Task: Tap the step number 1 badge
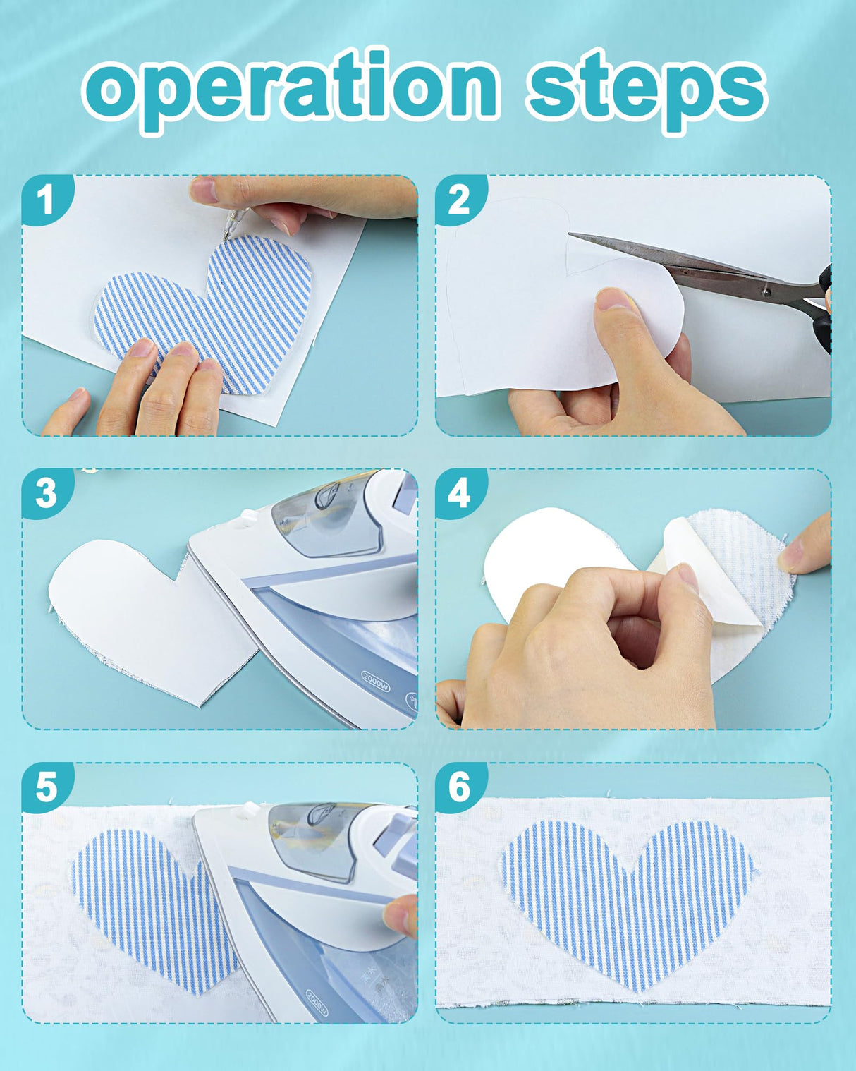(47, 200)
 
